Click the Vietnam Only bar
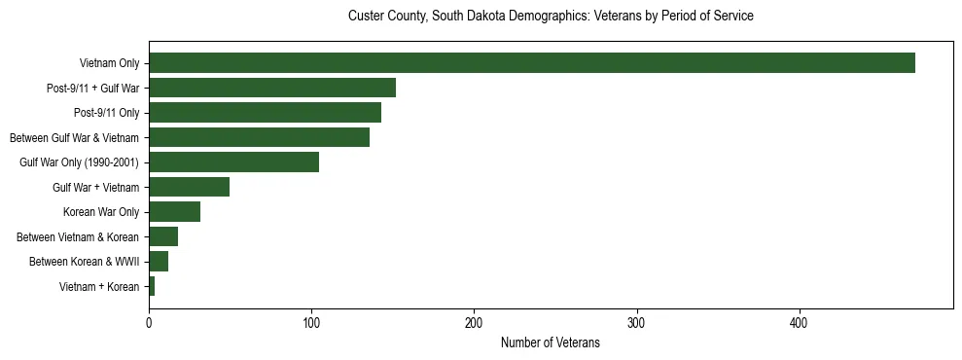532,63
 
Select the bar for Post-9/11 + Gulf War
272,89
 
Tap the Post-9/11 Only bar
265,113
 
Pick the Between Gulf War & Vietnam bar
259,137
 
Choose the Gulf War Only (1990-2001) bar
233,162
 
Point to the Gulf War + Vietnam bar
189,187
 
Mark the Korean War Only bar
174,212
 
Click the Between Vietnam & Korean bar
163,236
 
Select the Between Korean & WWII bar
159,262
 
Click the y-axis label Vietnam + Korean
99,287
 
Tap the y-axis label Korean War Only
101,212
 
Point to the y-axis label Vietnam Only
110,63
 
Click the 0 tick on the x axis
149,323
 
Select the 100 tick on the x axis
311,323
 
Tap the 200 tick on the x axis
474,323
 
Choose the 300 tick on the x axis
636,323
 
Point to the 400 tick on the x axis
799,323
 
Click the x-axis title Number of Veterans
550,342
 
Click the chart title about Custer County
550,17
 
